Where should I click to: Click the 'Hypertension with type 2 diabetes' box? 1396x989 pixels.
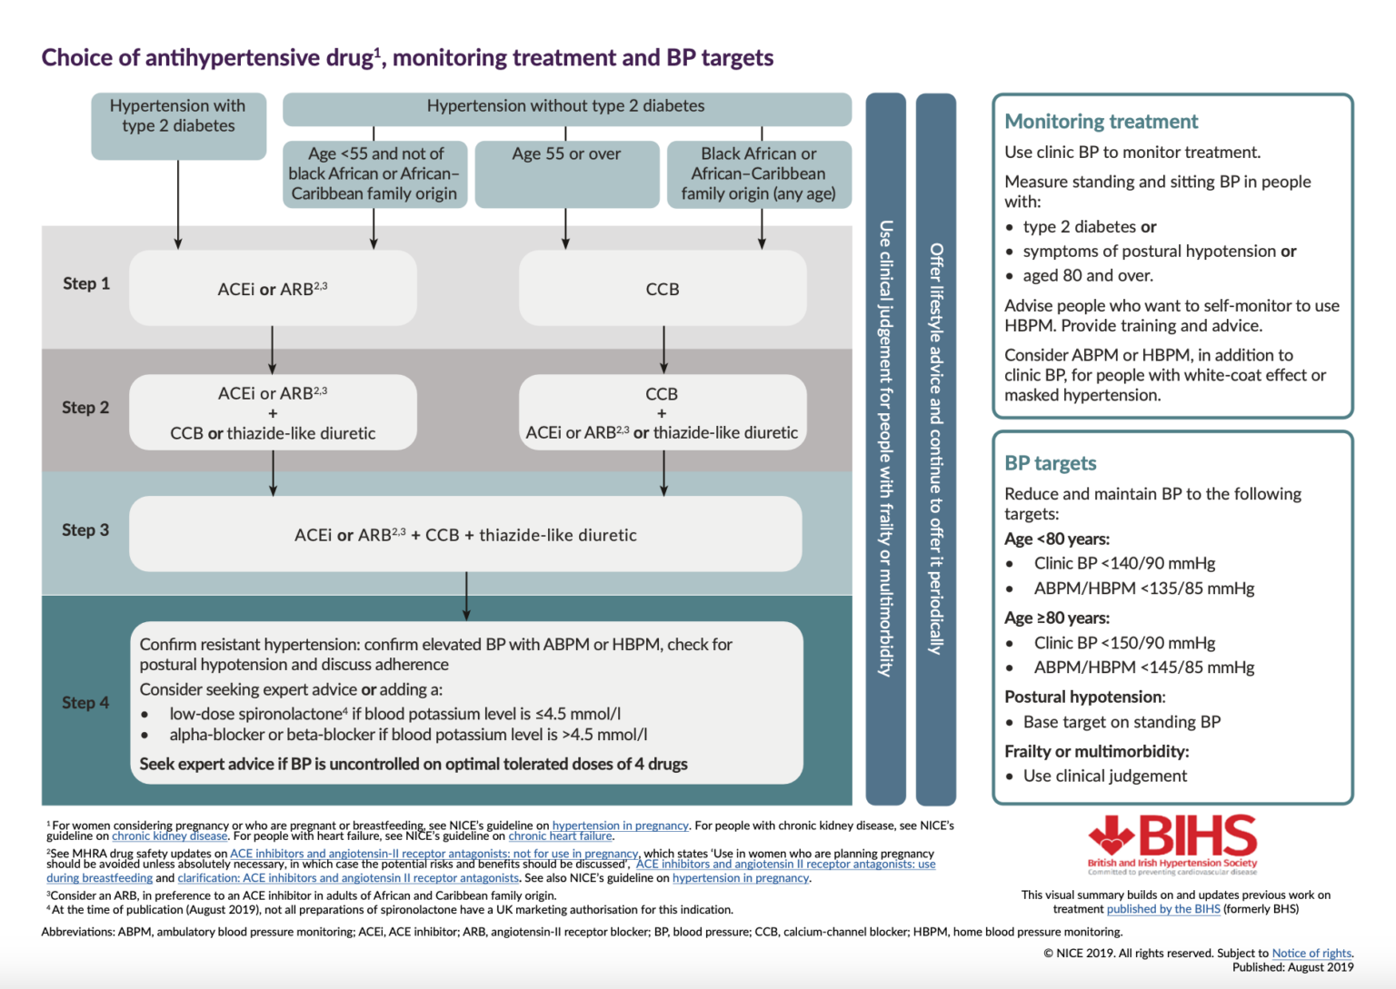click(178, 125)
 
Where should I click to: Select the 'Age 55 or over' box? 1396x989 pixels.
click(566, 173)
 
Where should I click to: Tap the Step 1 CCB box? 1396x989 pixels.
click(663, 289)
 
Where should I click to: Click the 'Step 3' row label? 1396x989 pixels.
click(85, 529)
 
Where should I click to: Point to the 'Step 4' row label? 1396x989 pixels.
click(85, 702)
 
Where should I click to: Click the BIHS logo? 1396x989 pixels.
click(1172, 844)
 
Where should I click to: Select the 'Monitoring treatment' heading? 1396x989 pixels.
click(1101, 122)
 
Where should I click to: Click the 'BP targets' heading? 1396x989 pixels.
click(1050, 463)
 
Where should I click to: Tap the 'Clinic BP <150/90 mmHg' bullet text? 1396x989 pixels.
click(1124, 643)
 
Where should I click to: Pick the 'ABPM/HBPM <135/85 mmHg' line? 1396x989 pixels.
click(1143, 588)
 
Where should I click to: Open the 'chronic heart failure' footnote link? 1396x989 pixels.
click(560, 836)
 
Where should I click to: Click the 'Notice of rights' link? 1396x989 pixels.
click(1311, 953)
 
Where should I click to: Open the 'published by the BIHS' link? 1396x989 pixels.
click(1162, 909)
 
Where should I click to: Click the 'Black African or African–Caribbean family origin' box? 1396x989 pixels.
click(759, 173)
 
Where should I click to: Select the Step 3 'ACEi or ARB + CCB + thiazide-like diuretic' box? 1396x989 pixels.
click(465, 535)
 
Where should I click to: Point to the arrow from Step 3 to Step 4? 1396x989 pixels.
click(466, 596)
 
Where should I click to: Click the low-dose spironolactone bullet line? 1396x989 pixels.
click(394, 714)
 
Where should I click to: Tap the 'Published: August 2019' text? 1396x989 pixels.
click(1292, 967)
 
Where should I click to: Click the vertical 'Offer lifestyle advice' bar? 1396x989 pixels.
click(935, 449)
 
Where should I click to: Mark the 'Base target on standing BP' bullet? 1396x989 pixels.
click(1122, 722)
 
